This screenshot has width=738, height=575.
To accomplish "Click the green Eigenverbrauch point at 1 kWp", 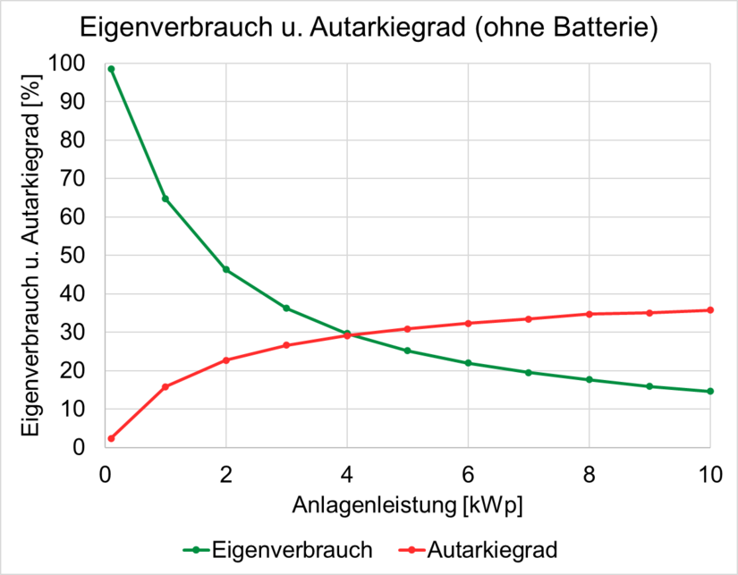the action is point(165,199).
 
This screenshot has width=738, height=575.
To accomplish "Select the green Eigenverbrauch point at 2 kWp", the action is point(226,270).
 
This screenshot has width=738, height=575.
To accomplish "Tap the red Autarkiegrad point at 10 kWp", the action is point(710,310).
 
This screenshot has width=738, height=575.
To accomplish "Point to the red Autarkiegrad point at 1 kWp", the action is point(165,387).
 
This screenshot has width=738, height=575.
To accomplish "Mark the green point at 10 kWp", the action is point(710,391).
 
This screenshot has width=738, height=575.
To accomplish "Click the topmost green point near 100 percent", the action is point(111,69).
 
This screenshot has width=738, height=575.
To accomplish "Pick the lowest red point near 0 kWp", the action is point(111,438).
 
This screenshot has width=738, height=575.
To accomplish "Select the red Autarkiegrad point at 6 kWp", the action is point(468,323).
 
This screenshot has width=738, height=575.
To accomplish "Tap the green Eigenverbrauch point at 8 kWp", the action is point(590,380).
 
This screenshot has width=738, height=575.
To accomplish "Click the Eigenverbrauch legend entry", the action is point(277,550).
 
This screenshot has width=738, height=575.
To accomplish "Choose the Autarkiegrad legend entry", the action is point(478,550).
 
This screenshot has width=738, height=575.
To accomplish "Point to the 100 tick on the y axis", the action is point(66,63).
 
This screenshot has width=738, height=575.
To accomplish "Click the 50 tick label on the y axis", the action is point(72,256).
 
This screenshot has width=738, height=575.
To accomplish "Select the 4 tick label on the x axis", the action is point(347,475).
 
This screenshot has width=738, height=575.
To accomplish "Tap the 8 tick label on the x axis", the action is point(590,475).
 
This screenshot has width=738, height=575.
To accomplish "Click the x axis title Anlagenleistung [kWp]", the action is point(408,506).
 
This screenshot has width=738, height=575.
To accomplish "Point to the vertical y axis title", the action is point(31,255).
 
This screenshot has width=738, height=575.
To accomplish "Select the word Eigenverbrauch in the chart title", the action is point(176,28).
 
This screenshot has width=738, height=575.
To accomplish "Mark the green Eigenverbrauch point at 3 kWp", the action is point(286,309).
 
